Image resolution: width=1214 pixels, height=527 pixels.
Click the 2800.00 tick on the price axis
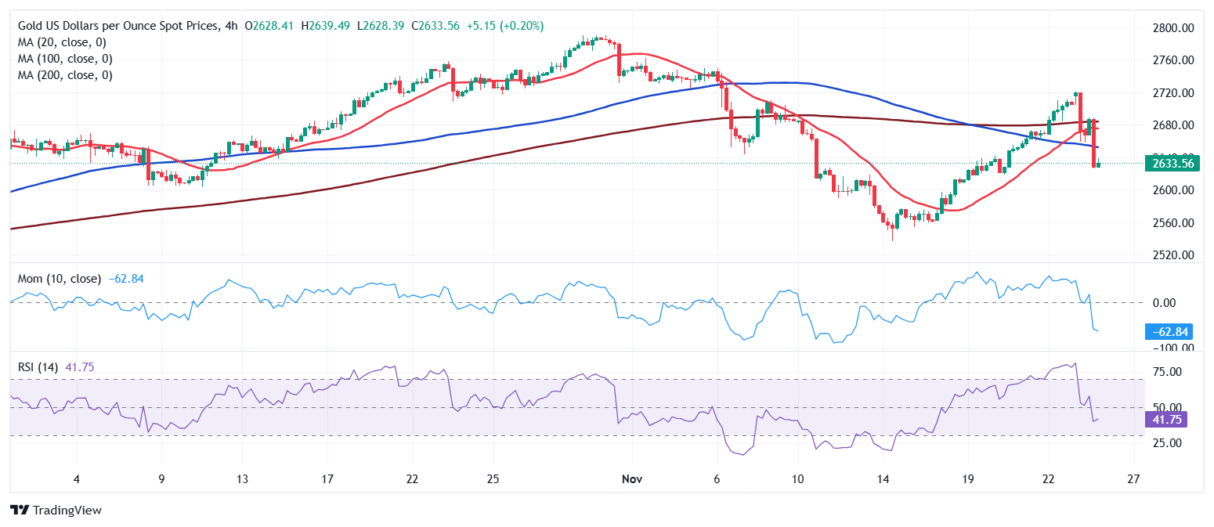click(1173, 27)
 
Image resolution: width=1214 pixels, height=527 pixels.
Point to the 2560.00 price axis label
click(1173, 222)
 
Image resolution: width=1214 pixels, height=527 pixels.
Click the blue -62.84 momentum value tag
click(1167, 332)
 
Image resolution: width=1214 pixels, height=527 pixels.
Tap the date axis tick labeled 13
click(243, 479)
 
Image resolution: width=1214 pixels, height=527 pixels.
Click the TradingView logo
click(56, 511)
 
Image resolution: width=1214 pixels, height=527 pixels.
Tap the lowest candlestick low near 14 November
click(891, 240)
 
